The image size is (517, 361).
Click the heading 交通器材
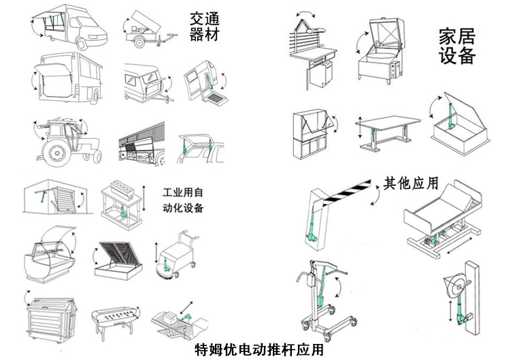coord(205,25)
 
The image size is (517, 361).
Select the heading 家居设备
coord(456,46)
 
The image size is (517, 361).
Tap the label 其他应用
coord(410,183)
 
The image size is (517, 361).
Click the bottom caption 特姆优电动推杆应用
coord(258,350)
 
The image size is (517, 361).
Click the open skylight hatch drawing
coord(458,129)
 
